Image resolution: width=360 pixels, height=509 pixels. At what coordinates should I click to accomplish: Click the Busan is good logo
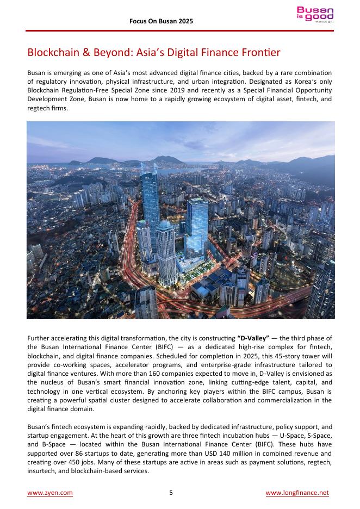pyautogui.click(x=315, y=15)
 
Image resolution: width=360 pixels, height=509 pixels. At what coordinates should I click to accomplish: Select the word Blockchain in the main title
pyautogui.click(x=53, y=53)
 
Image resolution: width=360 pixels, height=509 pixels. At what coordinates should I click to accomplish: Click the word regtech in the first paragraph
pyautogui.click(x=39, y=108)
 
